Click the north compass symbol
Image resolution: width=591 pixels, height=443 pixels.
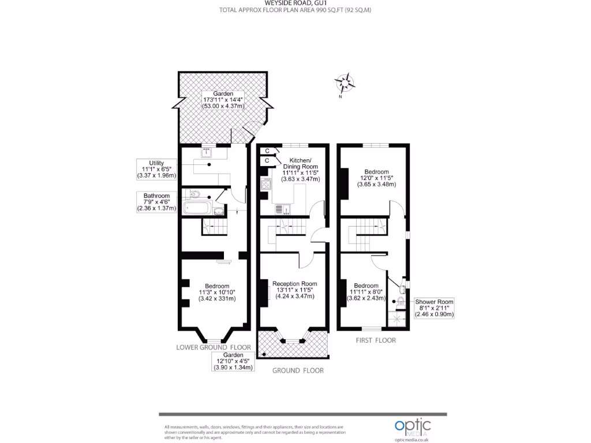click(x=346, y=84)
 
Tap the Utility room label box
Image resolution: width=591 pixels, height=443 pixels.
click(x=156, y=168)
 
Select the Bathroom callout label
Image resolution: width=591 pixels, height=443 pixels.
click(x=156, y=202)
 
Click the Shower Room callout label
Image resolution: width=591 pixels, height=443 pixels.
click(x=435, y=308)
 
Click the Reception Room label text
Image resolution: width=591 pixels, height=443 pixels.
click(x=294, y=290)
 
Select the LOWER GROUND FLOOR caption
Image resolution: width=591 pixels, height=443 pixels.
click(x=214, y=347)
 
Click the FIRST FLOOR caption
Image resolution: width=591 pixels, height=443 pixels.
click(x=375, y=340)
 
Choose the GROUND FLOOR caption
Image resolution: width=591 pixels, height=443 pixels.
click(x=298, y=370)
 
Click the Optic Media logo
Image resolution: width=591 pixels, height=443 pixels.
click(x=412, y=427)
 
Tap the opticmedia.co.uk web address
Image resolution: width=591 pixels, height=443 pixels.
click(x=412, y=439)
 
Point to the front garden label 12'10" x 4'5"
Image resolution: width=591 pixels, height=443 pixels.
click(x=233, y=361)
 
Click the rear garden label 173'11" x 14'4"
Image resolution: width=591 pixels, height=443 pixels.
click(x=223, y=100)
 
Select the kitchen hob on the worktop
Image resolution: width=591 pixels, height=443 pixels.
click(x=267, y=185)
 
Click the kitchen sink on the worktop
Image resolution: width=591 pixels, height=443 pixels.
click(x=281, y=209)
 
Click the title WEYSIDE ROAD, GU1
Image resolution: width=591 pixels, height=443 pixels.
click(x=295, y=3)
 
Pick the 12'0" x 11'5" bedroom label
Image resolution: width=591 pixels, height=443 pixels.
click(x=376, y=178)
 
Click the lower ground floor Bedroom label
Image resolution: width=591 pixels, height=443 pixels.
click(x=217, y=292)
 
